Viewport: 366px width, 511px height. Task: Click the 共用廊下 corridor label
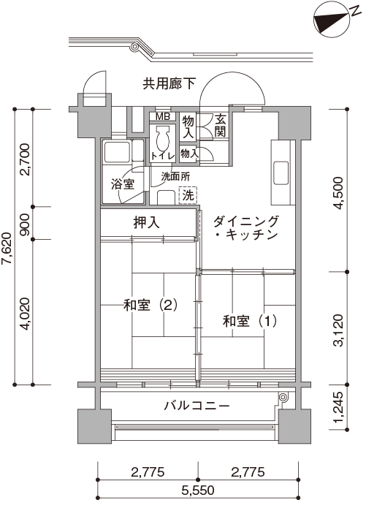pos(169,84)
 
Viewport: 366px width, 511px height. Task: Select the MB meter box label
pos(162,116)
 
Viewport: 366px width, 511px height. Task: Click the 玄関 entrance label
pos(221,126)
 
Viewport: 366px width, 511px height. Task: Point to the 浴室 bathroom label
pos(123,184)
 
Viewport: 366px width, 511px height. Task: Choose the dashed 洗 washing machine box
pos(188,195)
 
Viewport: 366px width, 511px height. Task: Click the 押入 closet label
pos(147,222)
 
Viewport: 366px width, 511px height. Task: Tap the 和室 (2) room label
pos(150,306)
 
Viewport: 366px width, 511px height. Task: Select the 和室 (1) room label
pos(250,321)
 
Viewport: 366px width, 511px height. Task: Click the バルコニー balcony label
pos(197,406)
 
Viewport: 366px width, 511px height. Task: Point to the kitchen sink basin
pos(281,173)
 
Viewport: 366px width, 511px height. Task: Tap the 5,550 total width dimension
pos(198,490)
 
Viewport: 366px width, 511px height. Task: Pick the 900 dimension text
pos(25,224)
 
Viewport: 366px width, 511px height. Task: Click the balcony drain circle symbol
pos(283,397)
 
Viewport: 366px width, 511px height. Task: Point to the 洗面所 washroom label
pos(175,177)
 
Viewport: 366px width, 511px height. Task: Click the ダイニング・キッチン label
pos(246,228)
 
